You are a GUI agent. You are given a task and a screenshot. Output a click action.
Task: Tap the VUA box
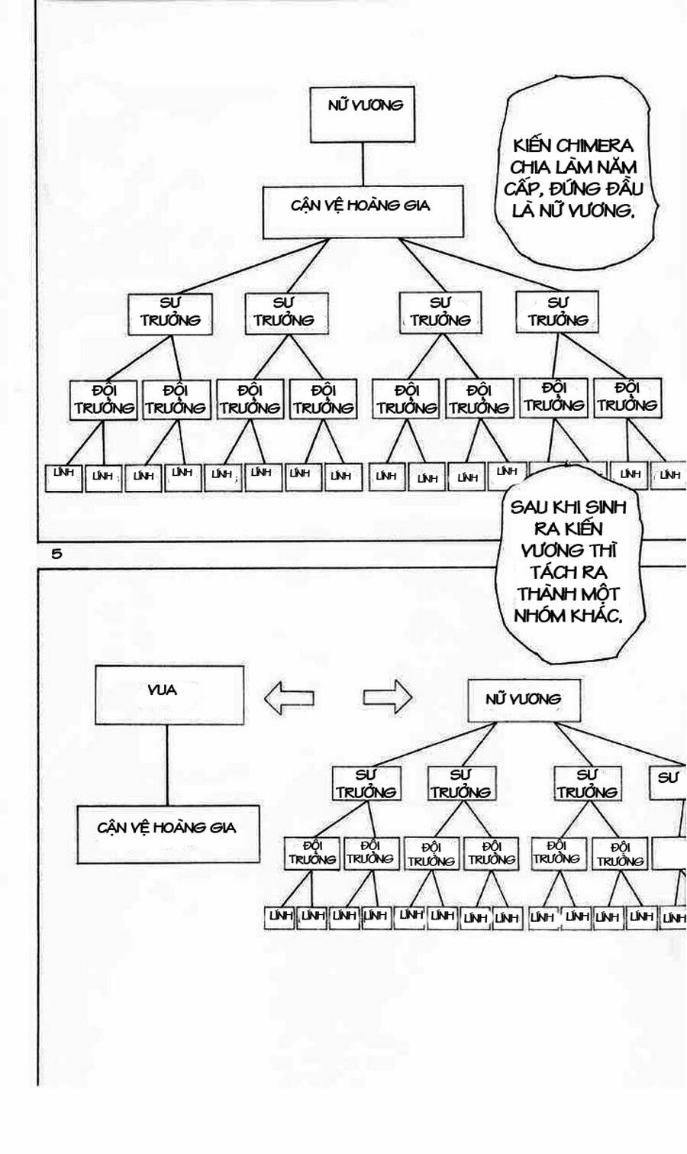pos(169,695)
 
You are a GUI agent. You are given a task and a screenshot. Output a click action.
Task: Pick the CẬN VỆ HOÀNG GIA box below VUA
pos(168,834)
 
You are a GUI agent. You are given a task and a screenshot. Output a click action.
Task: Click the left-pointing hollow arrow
pos(289,697)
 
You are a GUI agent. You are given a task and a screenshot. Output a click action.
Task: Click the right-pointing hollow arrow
pos(387,697)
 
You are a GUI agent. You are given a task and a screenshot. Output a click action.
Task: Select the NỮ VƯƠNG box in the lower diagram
pos(523,700)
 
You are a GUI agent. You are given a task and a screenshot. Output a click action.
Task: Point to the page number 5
pos(56,554)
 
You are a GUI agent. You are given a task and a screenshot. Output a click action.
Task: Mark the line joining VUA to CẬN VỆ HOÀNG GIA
pos(167,764)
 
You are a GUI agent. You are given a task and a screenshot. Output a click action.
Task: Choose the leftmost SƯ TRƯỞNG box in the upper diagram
pos(170,313)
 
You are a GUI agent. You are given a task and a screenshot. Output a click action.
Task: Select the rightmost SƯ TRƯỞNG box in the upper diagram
pos(557,312)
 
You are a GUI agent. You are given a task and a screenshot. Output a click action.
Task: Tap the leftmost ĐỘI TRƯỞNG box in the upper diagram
pos(103,399)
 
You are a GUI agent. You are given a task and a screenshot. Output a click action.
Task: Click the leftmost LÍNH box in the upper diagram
pos(64,477)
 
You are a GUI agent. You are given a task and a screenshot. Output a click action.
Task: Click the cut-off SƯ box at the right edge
pos(669,781)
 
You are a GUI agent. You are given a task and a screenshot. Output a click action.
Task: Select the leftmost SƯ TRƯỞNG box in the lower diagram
pos(367,784)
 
